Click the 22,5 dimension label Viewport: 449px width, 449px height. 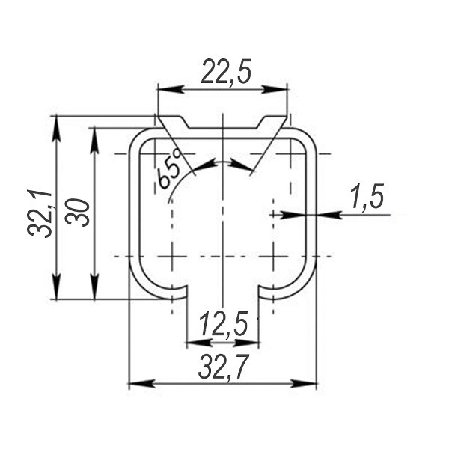tap(226, 72)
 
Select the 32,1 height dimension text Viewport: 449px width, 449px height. tap(40, 213)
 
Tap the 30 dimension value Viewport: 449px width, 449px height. tap(77, 213)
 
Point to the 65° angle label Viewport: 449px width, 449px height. tap(170, 170)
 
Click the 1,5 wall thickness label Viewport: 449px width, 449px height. tap(367, 198)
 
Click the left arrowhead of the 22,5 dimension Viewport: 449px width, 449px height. tap(170, 90)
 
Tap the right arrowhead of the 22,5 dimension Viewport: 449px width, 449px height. tap(275, 90)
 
